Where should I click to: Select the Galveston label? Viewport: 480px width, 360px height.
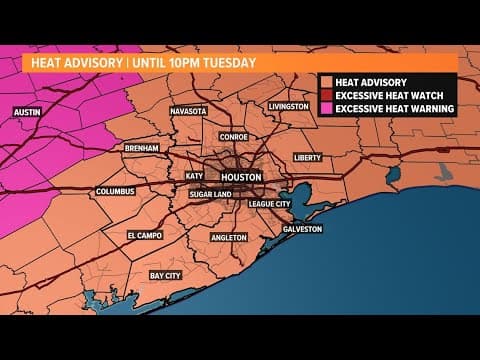[302, 228]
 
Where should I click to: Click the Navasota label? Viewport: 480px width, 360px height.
[189, 111]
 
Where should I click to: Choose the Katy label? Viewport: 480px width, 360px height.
[194, 175]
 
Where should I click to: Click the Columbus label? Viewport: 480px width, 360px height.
[115, 191]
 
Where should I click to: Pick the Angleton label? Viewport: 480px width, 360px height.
[230, 238]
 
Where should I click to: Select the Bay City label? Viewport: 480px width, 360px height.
[166, 273]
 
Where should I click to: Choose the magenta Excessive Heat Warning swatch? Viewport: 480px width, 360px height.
[326, 108]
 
